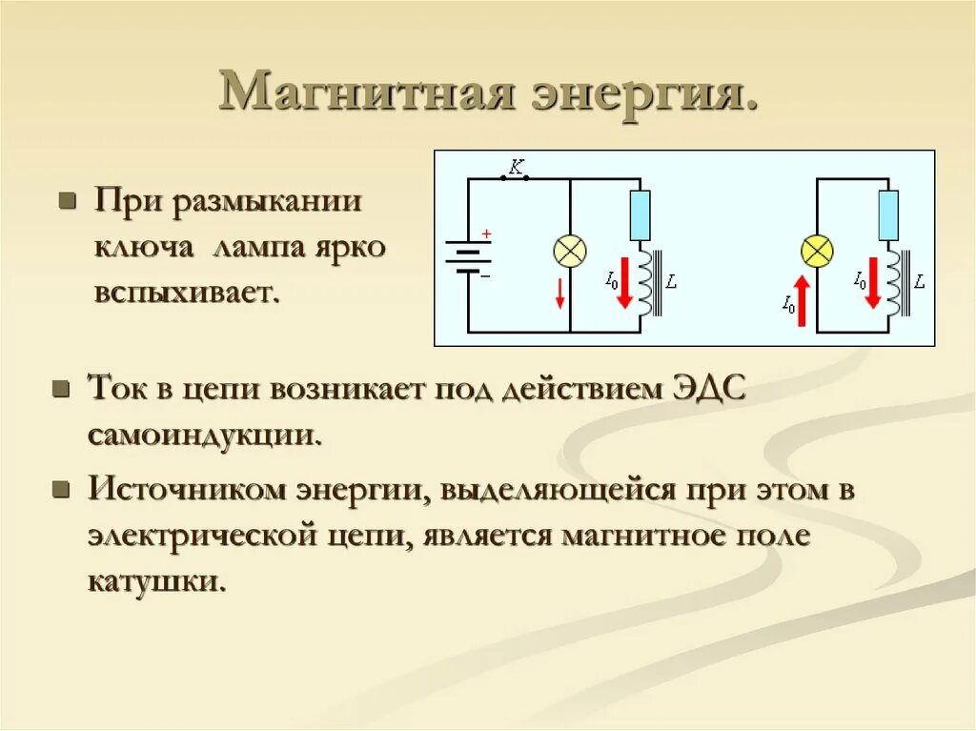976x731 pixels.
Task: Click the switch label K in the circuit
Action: [x=516, y=168]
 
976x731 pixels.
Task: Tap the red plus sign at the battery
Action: [x=485, y=234]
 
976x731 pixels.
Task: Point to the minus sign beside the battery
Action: [x=485, y=274]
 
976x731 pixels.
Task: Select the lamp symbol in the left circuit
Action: [x=570, y=252]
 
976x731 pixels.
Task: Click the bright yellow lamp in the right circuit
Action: [x=817, y=252]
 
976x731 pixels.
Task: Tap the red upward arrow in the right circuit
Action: [x=802, y=298]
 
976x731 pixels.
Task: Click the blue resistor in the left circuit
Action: [x=640, y=214]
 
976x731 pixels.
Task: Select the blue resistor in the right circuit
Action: [x=887, y=214]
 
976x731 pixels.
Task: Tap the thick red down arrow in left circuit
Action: [x=624, y=281]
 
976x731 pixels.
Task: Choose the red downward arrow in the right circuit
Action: [x=872, y=281]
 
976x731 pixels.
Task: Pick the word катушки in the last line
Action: [x=158, y=579]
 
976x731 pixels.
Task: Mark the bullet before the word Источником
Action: [x=61, y=492]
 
